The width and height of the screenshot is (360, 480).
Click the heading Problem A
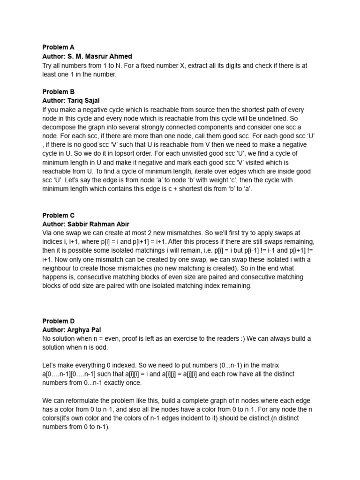pos(58,47)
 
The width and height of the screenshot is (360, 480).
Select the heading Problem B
pos(58,92)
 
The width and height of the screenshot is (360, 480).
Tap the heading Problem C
pos(59,216)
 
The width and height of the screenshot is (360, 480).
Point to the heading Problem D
pos(59,321)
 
